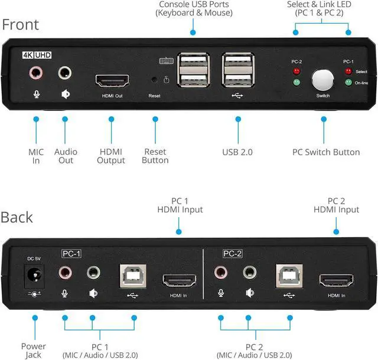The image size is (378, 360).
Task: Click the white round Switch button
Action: tap(323, 80)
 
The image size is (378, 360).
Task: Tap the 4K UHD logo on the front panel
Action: tap(37, 55)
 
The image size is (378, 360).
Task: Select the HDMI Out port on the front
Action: tap(112, 81)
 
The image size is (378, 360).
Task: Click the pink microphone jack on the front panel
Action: tap(36, 73)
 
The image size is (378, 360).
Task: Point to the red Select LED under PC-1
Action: tap(348, 71)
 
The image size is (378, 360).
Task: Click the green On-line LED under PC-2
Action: tap(296, 83)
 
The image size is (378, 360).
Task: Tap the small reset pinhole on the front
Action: tap(154, 80)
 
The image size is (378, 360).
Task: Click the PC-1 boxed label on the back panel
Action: tap(71, 254)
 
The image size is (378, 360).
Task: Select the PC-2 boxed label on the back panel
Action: tap(232, 254)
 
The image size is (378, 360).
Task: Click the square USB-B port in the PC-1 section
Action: tap(133, 276)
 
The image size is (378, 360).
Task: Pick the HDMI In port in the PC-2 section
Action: tap(336, 280)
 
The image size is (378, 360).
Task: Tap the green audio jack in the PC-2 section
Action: tap(250, 272)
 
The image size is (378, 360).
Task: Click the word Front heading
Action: tap(21, 25)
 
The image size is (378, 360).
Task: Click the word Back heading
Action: tap(17, 217)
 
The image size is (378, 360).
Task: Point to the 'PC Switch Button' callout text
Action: tap(326, 152)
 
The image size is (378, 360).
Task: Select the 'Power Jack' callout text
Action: tap(34, 351)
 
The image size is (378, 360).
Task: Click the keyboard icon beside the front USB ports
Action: tap(167, 61)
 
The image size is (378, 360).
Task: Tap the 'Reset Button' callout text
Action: tap(155, 156)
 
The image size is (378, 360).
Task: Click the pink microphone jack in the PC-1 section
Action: tap(65, 273)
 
